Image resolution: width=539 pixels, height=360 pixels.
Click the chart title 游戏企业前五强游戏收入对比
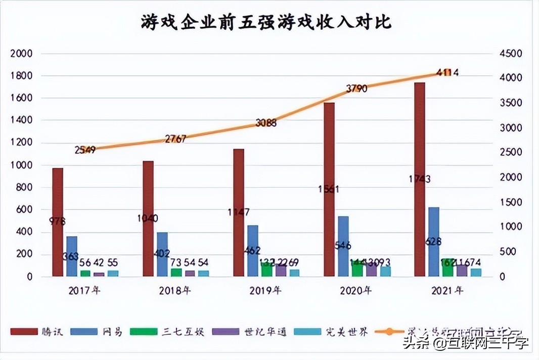(x=266, y=23)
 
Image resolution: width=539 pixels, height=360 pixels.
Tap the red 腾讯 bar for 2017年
(x=58, y=222)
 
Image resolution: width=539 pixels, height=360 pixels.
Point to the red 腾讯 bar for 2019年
(x=239, y=212)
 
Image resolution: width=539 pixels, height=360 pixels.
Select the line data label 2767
(x=175, y=139)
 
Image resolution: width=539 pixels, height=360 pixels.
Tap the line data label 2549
(x=85, y=150)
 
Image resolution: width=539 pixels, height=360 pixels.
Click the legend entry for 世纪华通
(x=250, y=332)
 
